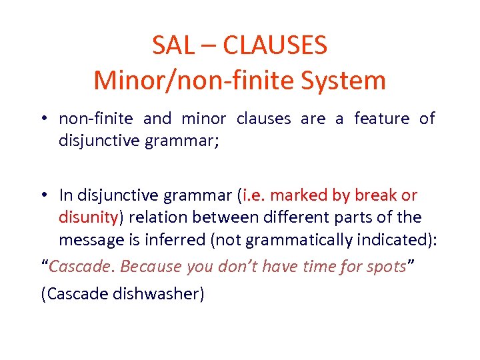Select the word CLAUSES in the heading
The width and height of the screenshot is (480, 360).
point(275,46)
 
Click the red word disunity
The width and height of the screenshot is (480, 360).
point(88,217)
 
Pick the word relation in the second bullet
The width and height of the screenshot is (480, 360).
point(156,217)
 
